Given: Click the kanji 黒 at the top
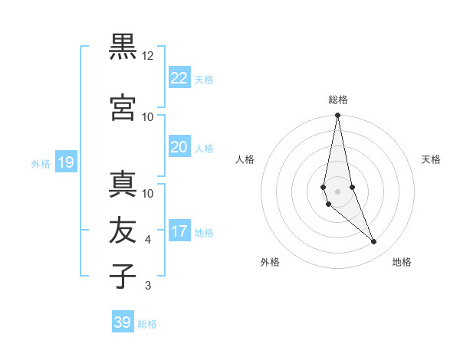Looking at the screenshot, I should [x=123, y=47].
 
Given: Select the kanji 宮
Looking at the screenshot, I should [x=123, y=107].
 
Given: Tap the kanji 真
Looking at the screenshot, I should [x=123, y=185].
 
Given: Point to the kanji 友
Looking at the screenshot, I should [x=123, y=231].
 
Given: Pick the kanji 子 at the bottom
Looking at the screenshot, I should [x=123, y=277].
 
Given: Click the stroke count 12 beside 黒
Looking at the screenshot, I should [x=148, y=56].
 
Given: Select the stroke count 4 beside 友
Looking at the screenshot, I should [x=148, y=240].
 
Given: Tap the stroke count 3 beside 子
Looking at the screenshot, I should [x=148, y=286].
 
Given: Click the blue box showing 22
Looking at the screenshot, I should [x=179, y=77].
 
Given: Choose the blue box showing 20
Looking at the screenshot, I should [x=179, y=147].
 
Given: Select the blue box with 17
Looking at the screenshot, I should [x=179, y=231].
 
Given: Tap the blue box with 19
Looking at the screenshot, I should [x=65, y=162].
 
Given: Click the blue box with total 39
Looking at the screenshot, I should [x=123, y=322].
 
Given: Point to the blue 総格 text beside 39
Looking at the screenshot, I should [x=147, y=324].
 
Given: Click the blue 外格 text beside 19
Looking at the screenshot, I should [x=41, y=163].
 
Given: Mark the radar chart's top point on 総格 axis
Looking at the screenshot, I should [x=337, y=115].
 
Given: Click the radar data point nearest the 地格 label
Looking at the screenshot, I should [x=374, y=242].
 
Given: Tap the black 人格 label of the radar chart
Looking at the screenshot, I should [x=245, y=159].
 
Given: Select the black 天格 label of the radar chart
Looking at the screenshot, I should [x=432, y=159].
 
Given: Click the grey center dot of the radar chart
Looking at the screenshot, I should [x=337, y=191].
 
